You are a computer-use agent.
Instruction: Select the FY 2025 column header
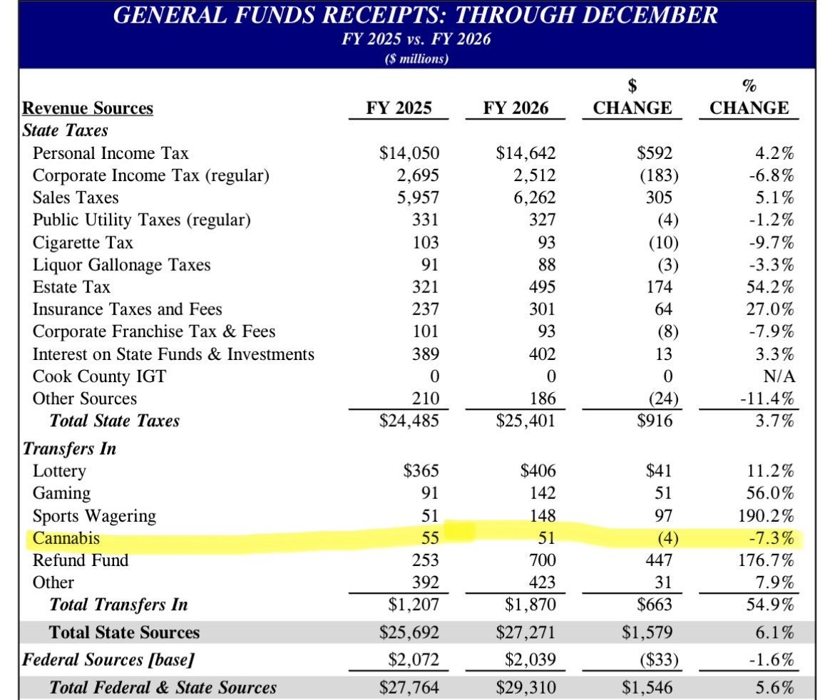(399, 108)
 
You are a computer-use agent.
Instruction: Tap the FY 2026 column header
(516, 108)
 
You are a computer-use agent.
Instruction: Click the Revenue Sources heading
(88, 108)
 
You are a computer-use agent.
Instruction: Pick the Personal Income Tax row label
(111, 153)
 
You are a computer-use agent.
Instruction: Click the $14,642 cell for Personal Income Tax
(526, 153)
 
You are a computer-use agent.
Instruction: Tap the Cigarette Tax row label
(83, 242)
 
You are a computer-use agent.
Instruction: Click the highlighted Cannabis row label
(66, 538)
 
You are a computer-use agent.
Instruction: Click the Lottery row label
(59, 471)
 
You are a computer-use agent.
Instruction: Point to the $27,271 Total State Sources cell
(526, 632)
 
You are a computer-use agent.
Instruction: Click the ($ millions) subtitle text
(416, 58)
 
